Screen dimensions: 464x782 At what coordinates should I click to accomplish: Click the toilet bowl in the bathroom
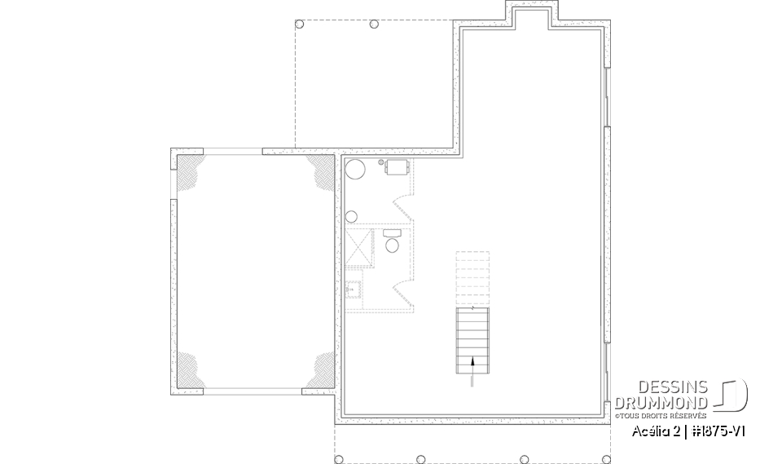click(392, 245)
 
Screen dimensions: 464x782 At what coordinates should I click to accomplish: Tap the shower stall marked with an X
click(359, 249)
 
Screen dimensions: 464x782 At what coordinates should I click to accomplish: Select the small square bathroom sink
click(354, 288)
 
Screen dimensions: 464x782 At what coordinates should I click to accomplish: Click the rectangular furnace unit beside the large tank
click(398, 168)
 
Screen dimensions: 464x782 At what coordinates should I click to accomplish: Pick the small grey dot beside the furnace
click(382, 163)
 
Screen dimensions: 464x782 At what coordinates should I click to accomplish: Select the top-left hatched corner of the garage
click(190, 171)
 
